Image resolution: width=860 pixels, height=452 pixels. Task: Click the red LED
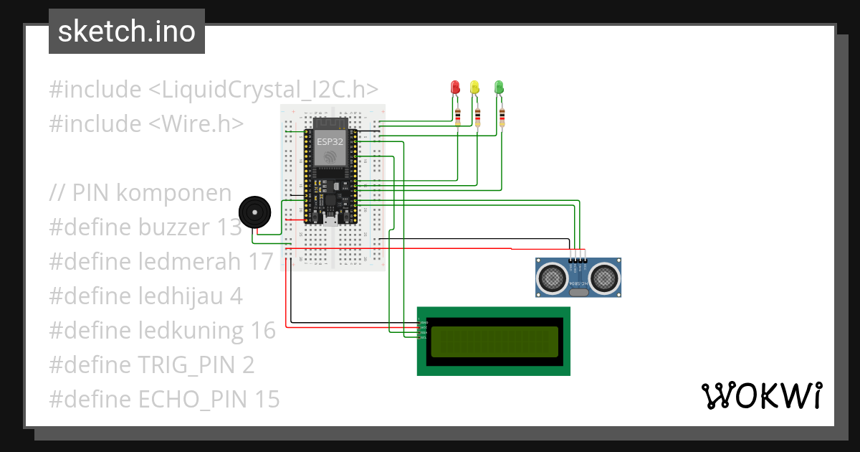click(455, 88)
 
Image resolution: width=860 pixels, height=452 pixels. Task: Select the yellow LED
click(474, 88)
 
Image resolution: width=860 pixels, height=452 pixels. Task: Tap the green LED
click(500, 88)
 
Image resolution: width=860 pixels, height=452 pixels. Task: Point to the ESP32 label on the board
click(330, 142)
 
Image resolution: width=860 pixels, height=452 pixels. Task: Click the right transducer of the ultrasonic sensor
click(606, 277)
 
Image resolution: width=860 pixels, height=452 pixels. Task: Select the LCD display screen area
click(494, 342)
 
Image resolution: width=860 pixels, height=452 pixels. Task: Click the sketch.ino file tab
click(127, 32)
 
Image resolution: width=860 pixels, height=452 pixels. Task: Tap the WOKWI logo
click(760, 396)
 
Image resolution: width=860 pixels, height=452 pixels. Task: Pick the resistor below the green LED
click(502, 116)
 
